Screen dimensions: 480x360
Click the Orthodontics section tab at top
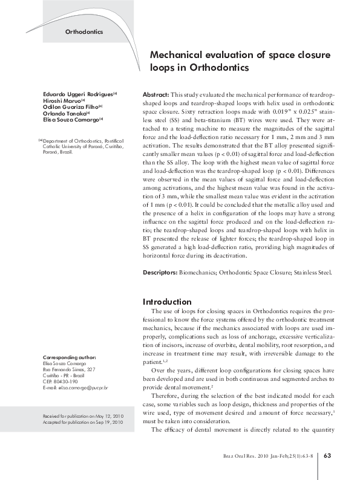click(x=83, y=31)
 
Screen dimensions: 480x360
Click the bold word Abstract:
click(x=155, y=96)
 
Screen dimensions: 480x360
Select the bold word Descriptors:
click(x=160, y=273)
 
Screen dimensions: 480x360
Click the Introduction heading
click(x=167, y=302)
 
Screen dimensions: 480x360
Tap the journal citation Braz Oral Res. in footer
click(x=238, y=455)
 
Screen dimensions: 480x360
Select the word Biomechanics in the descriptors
click(x=197, y=273)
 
